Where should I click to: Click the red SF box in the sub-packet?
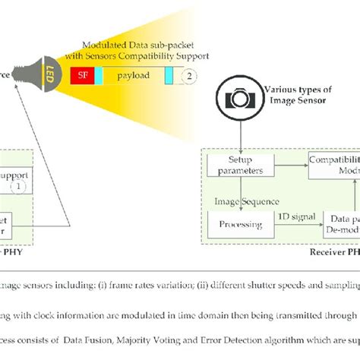81,76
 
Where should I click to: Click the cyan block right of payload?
169,76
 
